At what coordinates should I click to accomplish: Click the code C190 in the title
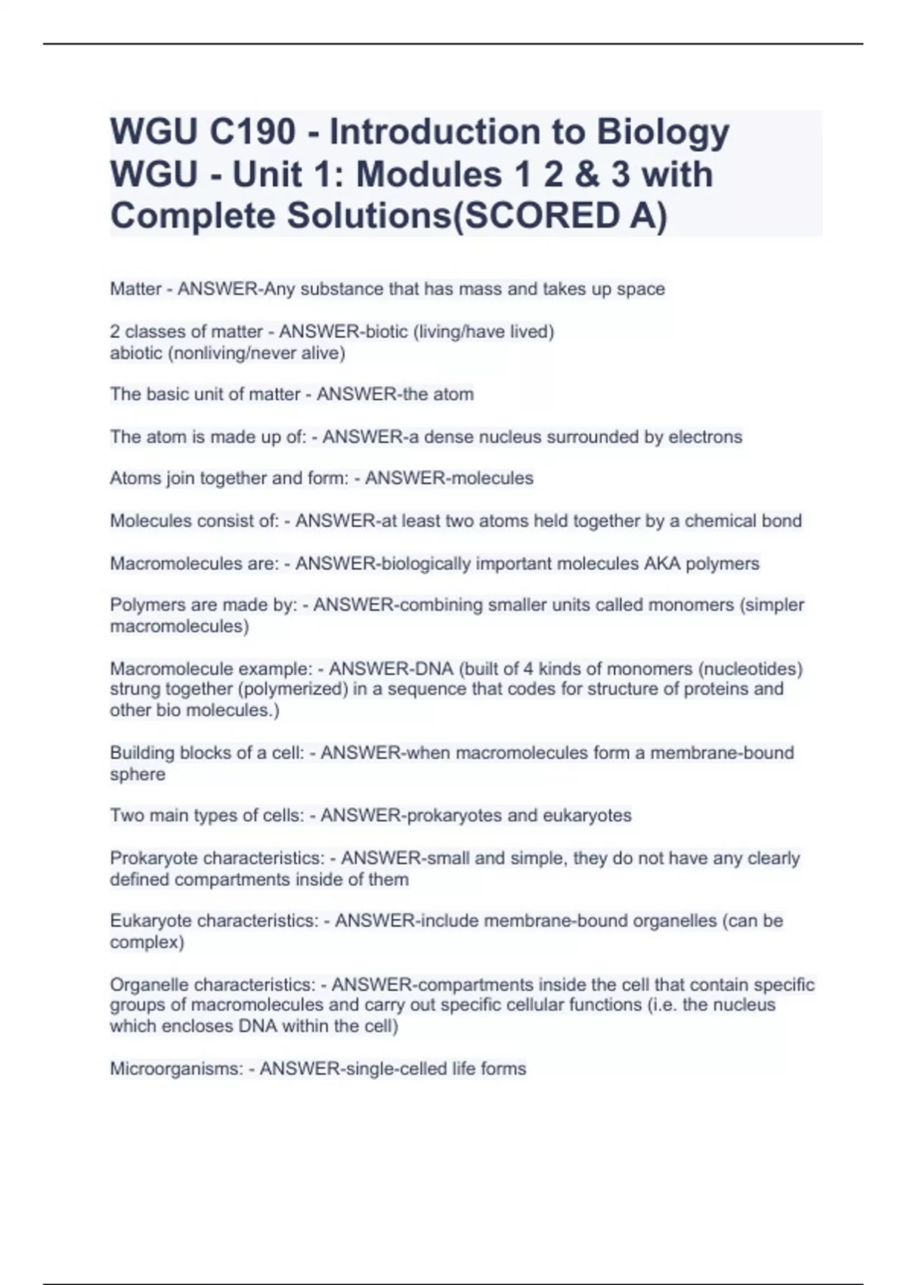tap(253, 132)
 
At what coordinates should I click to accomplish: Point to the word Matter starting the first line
tap(136, 289)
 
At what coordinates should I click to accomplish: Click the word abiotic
tap(136, 352)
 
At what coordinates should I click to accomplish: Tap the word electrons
tap(705, 437)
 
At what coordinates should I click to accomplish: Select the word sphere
tap(138, 774)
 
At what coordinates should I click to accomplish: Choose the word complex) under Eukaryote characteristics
tap(147, 943)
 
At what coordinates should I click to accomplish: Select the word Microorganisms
tap(176, 1069)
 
